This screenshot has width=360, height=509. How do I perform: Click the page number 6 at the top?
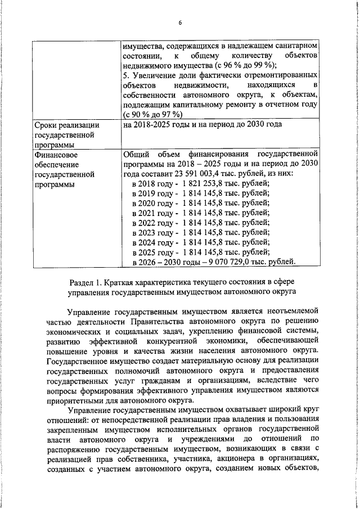(x=180, y=23)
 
